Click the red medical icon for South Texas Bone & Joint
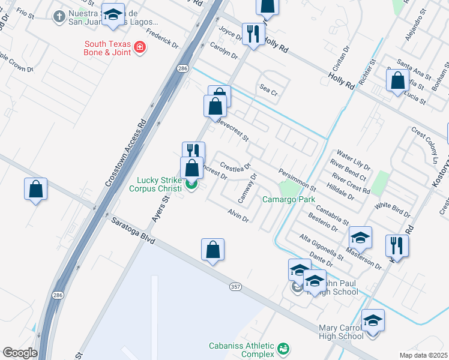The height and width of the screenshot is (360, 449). pyautogui.click(x=139, y=47)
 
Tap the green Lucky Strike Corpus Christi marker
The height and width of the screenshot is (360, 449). pyautogui.click(x=191, y=184)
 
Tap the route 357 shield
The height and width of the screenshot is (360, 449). pyautogui.click(x=235, y=287)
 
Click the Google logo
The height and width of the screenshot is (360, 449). pyautogui.click(x=20, y=353)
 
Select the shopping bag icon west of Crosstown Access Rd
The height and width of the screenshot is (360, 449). pyautogui.click(x=36, y=189)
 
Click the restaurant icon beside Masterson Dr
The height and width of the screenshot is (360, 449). pyautogui.click(x=397, y=245)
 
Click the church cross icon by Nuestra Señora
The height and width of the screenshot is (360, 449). pyautogui.click(x=59, y=16)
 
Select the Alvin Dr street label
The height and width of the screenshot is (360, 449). pyautogui.click(x=238, y=216)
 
